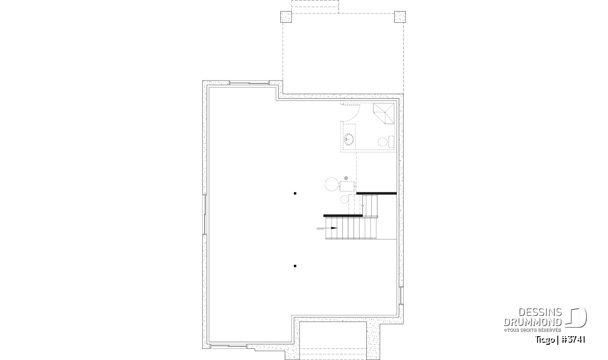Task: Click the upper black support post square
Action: (295, 193)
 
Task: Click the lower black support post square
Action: (295, 266)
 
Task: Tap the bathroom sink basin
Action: (349, 140)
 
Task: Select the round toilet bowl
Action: (383, 142)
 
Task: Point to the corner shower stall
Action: (384, 113)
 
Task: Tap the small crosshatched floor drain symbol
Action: (346, 178)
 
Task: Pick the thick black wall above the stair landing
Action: (376, 193)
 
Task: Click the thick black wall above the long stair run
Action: (343, 216)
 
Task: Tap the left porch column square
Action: (286, 17)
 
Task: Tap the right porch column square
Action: (400, 17)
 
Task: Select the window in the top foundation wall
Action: (249, 83)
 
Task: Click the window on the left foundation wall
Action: (205, 214)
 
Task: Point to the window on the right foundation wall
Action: (401, 295)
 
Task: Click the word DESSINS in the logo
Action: (540, 312)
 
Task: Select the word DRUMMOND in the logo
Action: (533, 322)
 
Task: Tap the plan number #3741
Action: (573, 340)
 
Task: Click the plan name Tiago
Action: (545, 340)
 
